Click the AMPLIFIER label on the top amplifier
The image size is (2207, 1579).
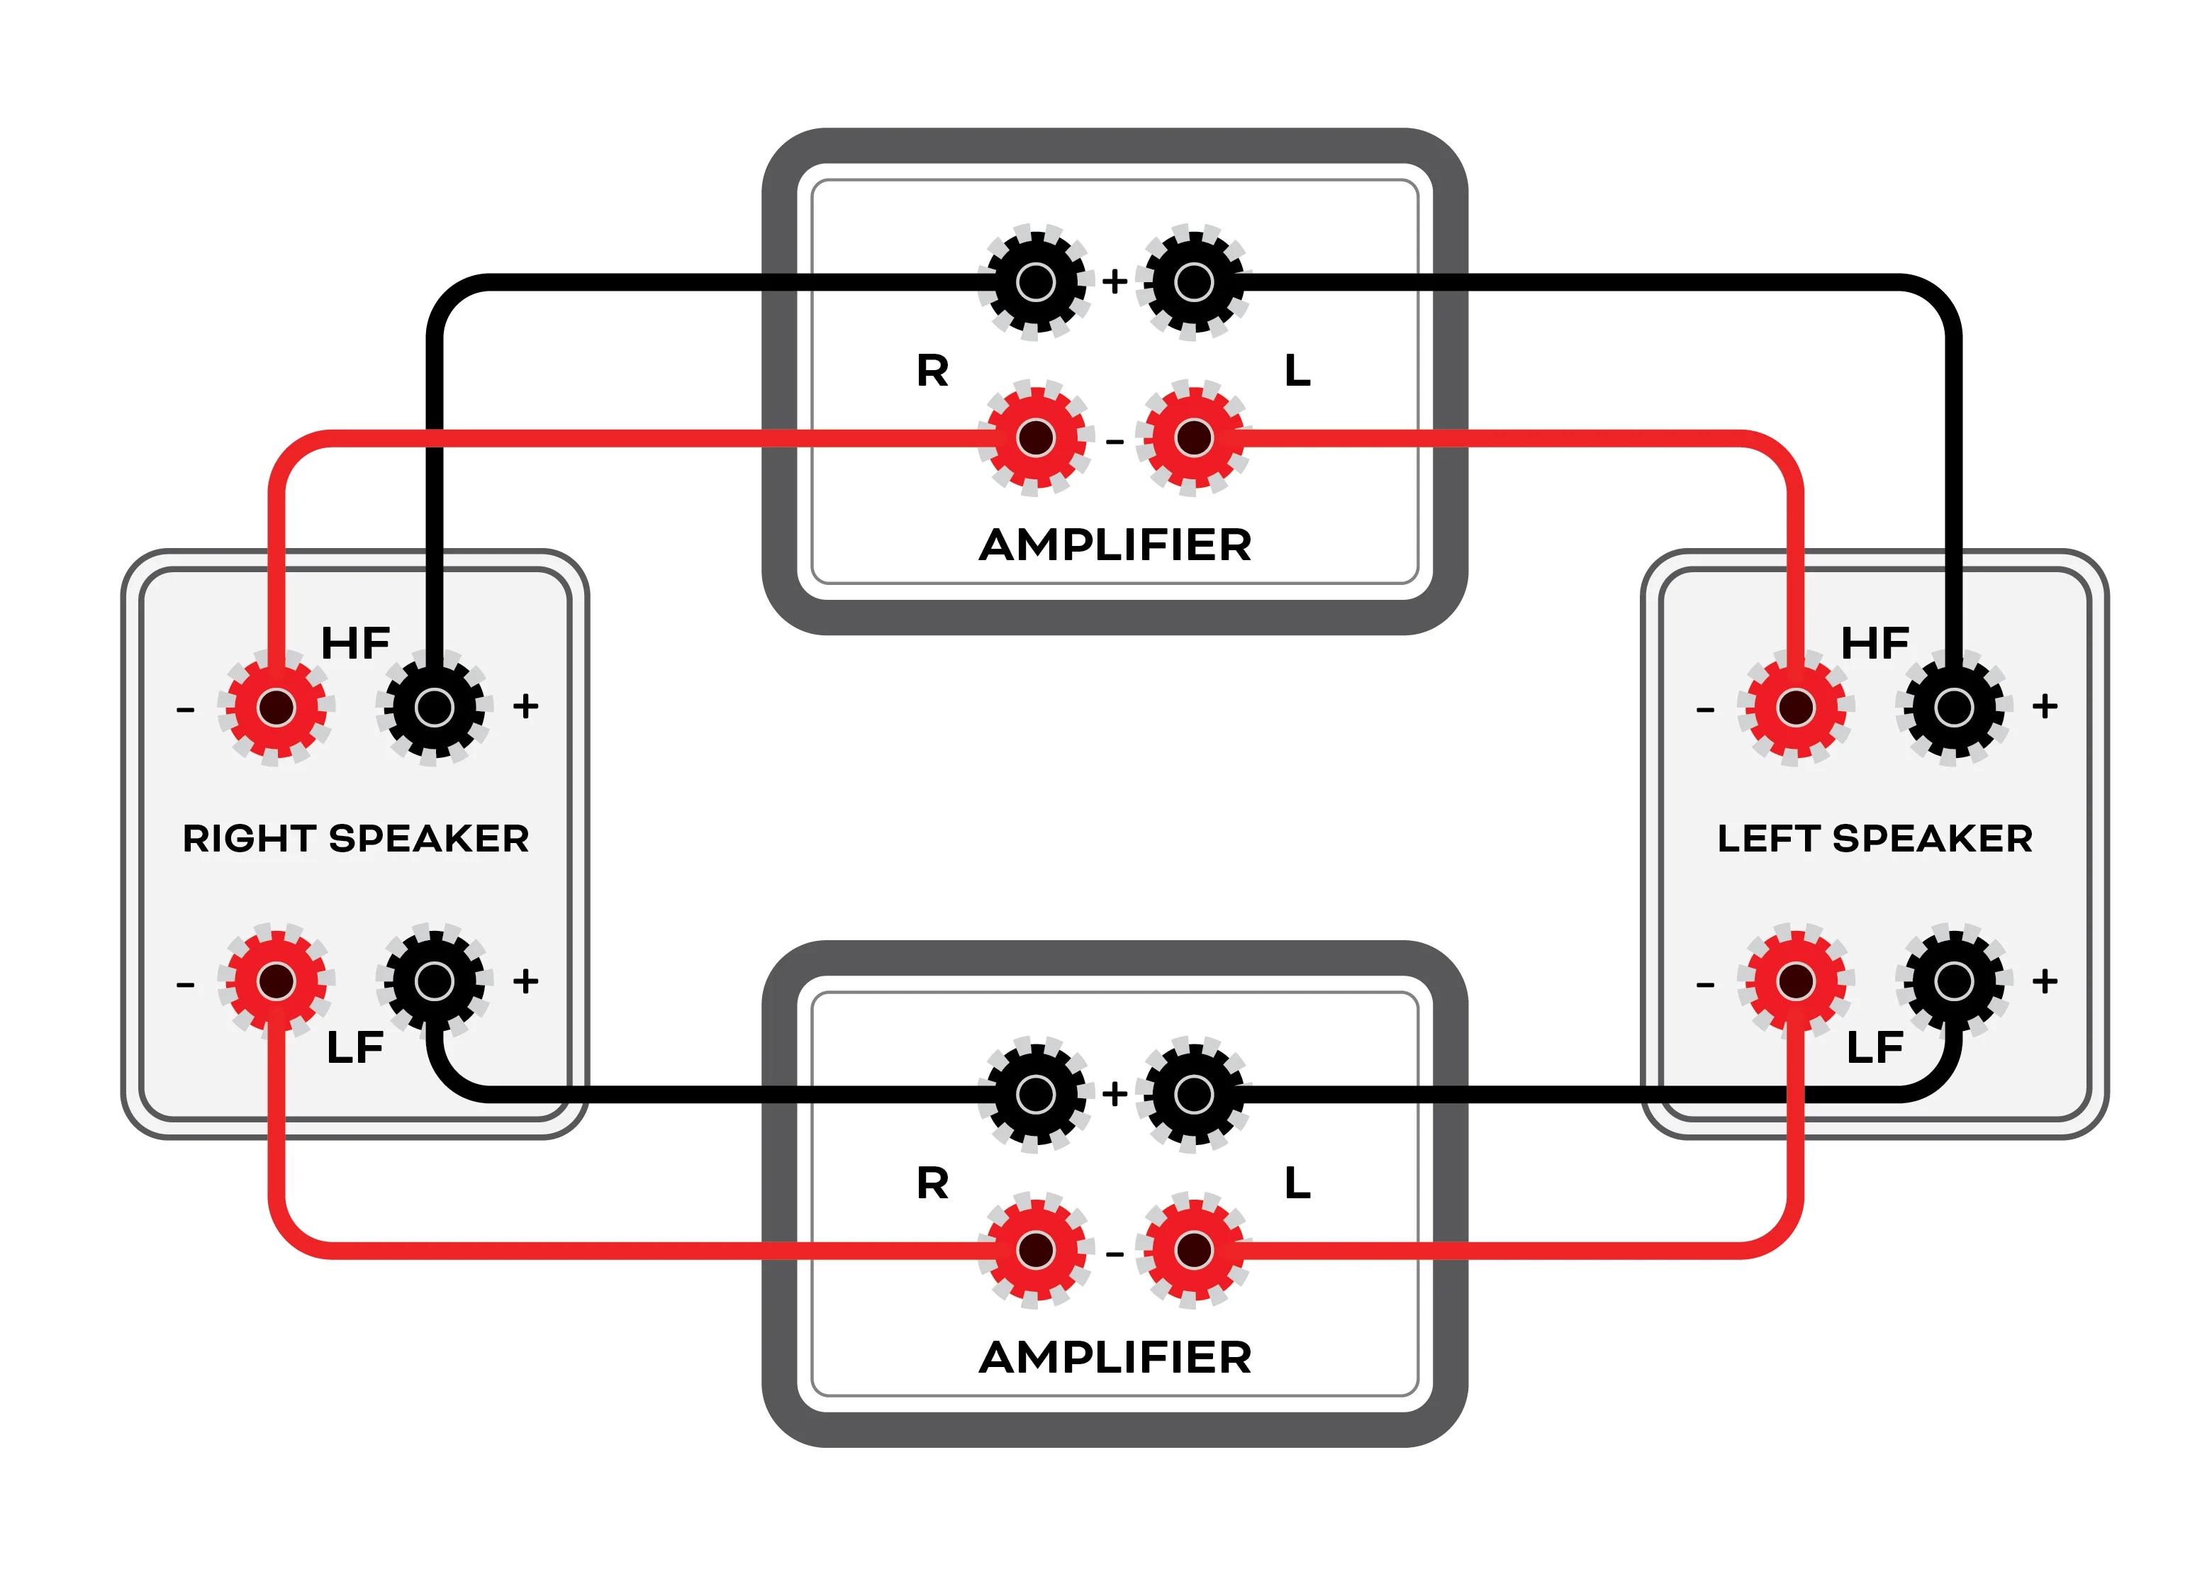coord(1114,545)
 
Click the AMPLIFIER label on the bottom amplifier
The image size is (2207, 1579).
coord(1114,1357)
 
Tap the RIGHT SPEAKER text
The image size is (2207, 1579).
coord(356,838)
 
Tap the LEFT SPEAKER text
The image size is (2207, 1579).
coord(1874,838)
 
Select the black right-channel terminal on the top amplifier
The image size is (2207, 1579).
coord(1036,282)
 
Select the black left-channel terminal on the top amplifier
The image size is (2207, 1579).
coord(1194,282)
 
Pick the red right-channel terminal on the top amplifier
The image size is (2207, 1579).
coord(1036,437)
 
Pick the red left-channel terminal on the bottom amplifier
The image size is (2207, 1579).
coord(1194,1250)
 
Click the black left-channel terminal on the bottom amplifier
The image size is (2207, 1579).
coord(1194,1095)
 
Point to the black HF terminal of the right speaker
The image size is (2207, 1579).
coord(434,708)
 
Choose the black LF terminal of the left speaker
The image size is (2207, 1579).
coord(1954,981)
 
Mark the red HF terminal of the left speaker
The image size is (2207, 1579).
coord(1796,708)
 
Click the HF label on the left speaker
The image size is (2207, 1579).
coord(1875,644)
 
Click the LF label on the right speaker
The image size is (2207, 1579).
coord(355,1048)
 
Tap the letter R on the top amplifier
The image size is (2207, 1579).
coord(932,370)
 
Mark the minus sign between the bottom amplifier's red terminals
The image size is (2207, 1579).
coord(1115,1254)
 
